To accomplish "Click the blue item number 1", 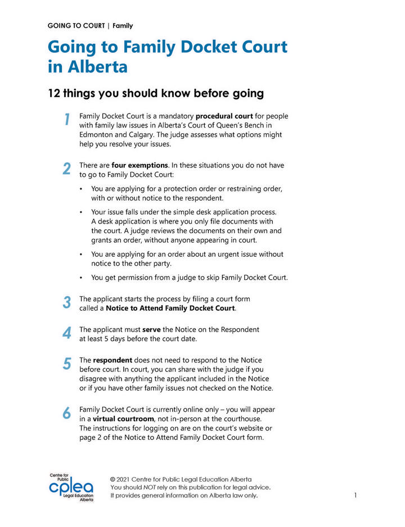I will click(66, 120).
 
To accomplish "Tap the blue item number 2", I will click(66, 169).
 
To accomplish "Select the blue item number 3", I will click(66, 303).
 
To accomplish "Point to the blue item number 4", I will click(66, 333).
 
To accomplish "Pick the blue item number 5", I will click(66, 364).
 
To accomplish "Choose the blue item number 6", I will click(66, 413).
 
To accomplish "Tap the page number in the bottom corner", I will click(356, 495).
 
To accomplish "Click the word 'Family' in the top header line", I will click(123, 26).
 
